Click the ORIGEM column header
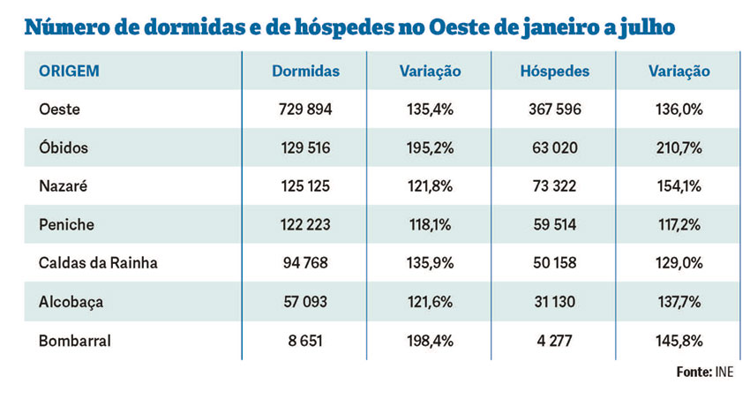click(x=69, y=72)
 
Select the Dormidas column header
click(x=305, y=72)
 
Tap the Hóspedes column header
click(x=555, y=72)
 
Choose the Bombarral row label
click(x=75, y=340)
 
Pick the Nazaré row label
click(x=64, y=186)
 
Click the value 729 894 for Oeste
click(x=305, y=109)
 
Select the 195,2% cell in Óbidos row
click(x=430, y=148)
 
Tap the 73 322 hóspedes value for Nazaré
click(x=555, y=186)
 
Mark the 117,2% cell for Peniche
click(x=679, y=225)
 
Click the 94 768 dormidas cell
click(x=305, y=263)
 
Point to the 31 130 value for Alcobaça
click(x=555, y=302)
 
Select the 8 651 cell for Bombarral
click(x=305, y=340)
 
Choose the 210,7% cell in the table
click(x=679, y=148)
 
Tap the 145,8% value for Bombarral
click(x=679, y=340)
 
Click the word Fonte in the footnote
click(x=694, y=373)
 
